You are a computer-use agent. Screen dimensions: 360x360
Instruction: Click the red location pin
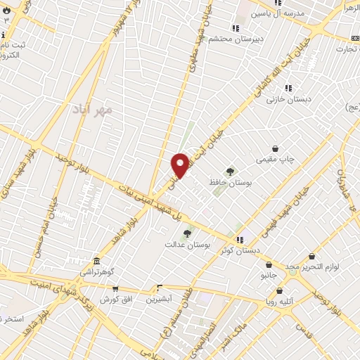coord(180,165)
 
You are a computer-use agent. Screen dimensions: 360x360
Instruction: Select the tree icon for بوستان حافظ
coord(230,171)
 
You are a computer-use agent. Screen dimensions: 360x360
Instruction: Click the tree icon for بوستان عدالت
coord(187,233)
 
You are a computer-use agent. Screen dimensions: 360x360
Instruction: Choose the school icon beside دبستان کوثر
coord(240,239)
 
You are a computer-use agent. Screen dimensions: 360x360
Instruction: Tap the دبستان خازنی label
coord(284,100)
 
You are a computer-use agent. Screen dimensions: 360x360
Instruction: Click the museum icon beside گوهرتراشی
coord(96,260)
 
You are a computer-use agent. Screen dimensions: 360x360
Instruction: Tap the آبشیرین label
coord(160,299)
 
